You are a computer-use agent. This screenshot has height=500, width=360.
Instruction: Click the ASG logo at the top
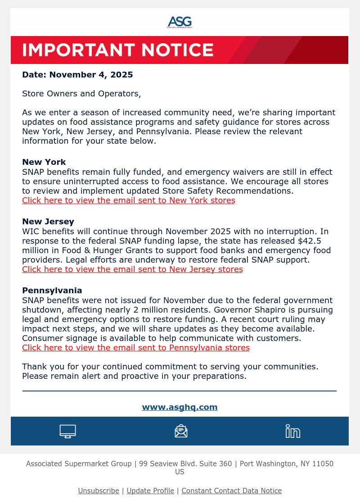180,22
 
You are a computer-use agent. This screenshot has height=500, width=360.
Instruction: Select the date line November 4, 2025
77,75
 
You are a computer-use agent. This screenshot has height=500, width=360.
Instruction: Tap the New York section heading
44,162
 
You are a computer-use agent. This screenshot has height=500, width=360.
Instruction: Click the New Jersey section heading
48,222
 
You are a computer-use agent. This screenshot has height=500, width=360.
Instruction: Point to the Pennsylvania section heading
52,291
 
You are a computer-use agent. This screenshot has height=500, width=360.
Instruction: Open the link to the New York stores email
128,200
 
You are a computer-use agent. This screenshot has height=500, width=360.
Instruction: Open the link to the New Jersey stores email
132,269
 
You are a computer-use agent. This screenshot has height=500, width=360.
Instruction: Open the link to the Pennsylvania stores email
136,348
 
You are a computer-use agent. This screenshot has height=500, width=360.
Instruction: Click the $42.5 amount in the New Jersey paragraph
310,241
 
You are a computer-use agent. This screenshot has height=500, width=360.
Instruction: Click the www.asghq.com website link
180,407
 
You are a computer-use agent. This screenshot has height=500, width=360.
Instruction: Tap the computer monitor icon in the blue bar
67,431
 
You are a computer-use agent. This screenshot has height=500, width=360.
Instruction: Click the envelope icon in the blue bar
181,431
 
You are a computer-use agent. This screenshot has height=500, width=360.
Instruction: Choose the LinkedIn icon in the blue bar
293,431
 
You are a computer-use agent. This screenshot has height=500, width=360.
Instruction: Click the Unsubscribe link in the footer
99,491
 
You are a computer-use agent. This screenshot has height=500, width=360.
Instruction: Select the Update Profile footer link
150,491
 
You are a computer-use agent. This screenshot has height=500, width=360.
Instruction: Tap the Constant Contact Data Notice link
231,491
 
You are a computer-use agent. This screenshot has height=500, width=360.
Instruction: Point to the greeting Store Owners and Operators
81,94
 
